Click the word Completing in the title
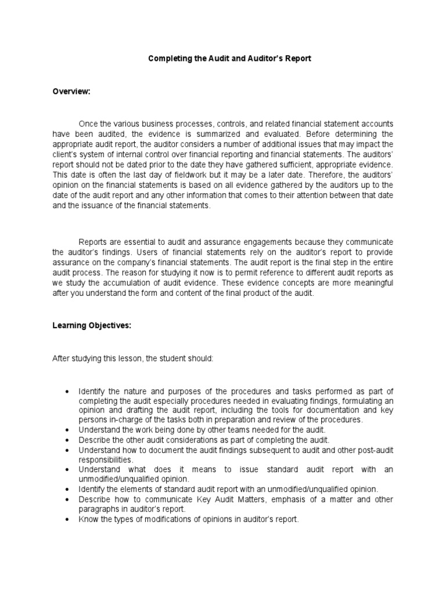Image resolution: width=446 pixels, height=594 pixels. (x=169, y=59)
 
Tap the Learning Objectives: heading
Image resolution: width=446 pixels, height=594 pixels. (x=92, y=326)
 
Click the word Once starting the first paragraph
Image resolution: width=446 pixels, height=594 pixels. (x=88, y=124)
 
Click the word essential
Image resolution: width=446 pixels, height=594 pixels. (x=137, y=241)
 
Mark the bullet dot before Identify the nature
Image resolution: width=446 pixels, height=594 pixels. (x=69, y=392)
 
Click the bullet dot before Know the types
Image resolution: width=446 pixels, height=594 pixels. (x=69, y=520)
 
